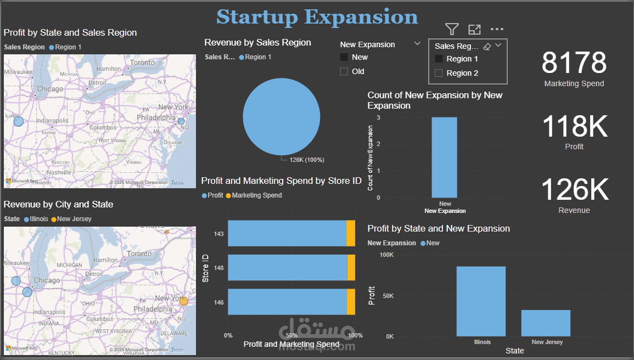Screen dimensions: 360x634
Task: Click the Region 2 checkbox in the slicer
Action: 439,73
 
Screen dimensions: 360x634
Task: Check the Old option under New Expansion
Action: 344,71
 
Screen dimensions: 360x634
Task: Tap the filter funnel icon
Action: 452,29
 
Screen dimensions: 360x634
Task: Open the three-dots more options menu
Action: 497,29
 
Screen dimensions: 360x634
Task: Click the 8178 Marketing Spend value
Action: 574,63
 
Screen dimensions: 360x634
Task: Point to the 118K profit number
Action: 575,126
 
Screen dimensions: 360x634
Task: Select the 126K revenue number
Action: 575,190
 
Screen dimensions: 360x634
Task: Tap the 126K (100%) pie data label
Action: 307,160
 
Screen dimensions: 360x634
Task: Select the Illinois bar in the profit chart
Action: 481,301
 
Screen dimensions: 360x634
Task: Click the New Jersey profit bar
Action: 546,323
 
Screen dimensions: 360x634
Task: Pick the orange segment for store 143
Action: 351,234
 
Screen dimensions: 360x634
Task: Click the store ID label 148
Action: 219,268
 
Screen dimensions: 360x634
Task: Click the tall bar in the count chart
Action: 445,157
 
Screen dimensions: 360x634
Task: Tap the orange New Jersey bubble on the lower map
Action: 183,301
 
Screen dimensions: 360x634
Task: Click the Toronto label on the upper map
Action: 143,63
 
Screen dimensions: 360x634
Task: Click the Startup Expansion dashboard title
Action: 317,16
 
